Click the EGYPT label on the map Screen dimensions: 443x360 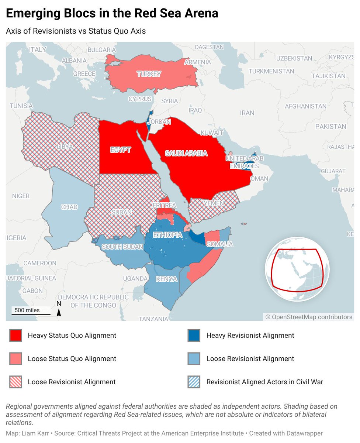(121, 150)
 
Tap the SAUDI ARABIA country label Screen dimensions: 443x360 (186, 154)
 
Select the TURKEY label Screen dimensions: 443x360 (149, 74)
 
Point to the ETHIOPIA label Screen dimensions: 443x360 (168, 235)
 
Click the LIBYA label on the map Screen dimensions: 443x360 (65, 147)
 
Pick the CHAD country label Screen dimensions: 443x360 (69, 207)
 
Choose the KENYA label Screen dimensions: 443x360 (166, 279)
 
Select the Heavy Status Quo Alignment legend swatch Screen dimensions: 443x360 (16, 336)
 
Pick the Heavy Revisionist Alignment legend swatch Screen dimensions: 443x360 (194, 336)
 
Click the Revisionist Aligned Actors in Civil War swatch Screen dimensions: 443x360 (194, 382)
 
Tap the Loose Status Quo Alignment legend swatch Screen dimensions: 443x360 (16, 358)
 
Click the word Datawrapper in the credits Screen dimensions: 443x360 (305, 433)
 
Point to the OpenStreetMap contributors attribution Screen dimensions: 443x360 (309, 317)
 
